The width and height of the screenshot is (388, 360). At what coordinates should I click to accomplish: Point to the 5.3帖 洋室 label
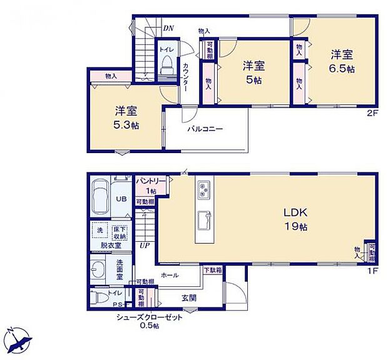tap(126, 118)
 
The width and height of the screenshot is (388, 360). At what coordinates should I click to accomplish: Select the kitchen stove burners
tap(205, 189)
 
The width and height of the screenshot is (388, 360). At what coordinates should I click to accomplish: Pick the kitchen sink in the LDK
tap(205, 220)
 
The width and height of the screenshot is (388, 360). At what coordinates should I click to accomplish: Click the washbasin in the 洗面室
tap(99, 270)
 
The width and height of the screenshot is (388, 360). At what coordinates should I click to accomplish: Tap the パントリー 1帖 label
tap(151, 185)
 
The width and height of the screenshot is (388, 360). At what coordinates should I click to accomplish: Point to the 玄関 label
tap(188, 298)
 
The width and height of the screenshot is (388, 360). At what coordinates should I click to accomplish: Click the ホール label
tap(170, 275)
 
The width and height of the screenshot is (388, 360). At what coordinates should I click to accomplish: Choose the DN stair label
tap(168, 28)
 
